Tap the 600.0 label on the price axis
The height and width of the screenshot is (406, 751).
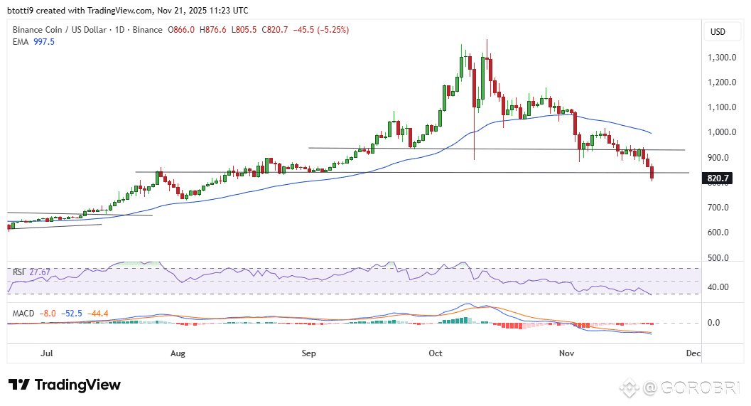[x=722, y=233]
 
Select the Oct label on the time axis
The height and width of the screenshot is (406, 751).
[x=436, y=353]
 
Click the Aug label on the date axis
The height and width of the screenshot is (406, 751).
[x=178, y=353]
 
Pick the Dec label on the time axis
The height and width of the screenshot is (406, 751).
[x=693, y=353]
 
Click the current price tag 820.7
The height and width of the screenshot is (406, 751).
[x=719, y=178]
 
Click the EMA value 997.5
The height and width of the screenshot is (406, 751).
[x=43, y=42]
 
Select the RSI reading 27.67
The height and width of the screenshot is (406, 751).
[x=38, y=272]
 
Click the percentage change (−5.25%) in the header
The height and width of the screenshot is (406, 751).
[x=328, y=30]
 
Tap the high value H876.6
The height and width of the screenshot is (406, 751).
[x=213, y=30]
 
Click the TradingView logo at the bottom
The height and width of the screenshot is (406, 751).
[x=65, y=385]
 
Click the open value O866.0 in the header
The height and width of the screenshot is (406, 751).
[x=182, y=30]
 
